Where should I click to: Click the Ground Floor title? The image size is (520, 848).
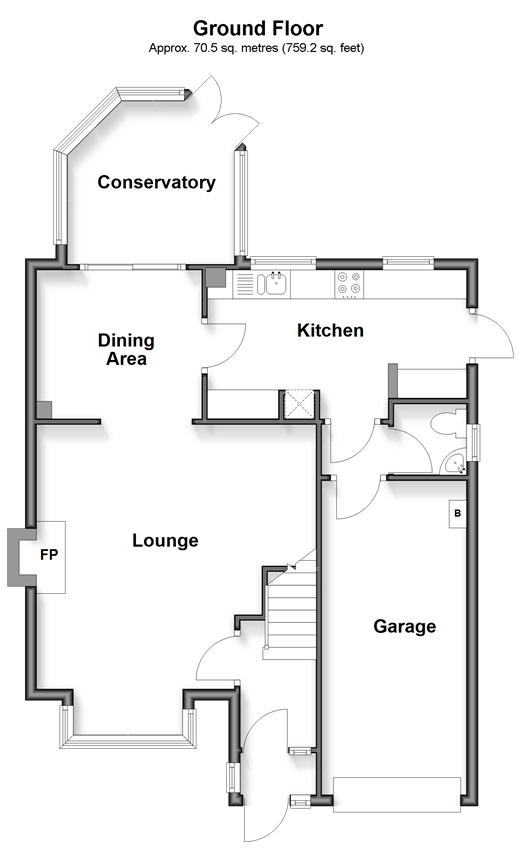pos(258,28)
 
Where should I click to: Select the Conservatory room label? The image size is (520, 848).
pos(156,182)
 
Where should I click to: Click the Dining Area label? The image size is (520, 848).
pos(126,349)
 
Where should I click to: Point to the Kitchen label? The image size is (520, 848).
pos(330,330)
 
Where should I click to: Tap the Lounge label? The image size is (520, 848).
pos(165,540)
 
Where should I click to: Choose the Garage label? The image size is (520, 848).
pos(405,626)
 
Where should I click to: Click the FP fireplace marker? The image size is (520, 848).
pos(49,555)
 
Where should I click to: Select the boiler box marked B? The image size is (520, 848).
pos(457,513)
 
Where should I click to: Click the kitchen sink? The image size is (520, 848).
pos(275,284)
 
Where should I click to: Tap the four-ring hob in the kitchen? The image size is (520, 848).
pos(349,284)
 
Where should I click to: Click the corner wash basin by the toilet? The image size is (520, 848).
pos(454,463)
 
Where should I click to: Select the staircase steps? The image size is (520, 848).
pos(291,611)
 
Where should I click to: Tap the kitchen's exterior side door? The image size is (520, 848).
pos(492,335)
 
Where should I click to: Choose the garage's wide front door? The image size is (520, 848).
pos(397,794)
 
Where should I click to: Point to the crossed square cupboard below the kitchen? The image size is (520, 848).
pos(299,406)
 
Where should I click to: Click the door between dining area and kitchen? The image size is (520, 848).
pos(225,346)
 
